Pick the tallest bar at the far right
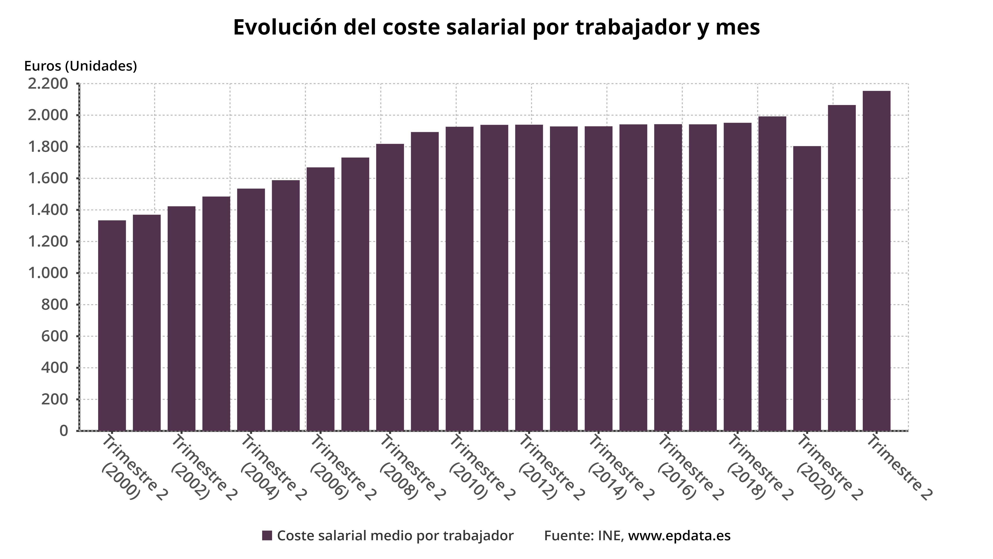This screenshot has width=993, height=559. click(876, 261)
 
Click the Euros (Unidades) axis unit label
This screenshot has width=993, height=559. click(80, 66)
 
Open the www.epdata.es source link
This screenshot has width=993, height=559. click(679, 536)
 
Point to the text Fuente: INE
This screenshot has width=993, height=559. click(584, 536)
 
